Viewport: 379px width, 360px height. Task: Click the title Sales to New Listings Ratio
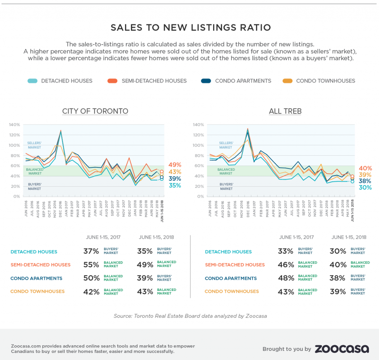click(191, 28)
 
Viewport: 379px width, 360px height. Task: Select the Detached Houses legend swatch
click(32, 81)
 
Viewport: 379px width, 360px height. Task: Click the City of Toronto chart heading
click(95, 112)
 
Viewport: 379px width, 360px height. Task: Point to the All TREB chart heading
click(285, 112)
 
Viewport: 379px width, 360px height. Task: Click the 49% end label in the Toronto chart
click(175, 165)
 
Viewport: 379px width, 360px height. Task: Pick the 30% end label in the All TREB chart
click(365, 188)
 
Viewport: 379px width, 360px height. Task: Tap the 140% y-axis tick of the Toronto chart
click(14, 125)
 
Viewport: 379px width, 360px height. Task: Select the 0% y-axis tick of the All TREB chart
click(200, 197)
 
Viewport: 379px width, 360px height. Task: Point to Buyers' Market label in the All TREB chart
click(226, 187)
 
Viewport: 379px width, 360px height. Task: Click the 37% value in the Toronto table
click(91, 251)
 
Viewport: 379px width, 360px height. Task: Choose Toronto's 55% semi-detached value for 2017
click(91, 265)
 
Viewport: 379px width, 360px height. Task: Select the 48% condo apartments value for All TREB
click(285, 278)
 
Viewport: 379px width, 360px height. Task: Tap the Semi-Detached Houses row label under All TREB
click(235, 265)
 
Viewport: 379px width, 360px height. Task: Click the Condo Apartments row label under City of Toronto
click(36, 278)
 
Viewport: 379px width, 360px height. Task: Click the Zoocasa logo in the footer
click(341, 349)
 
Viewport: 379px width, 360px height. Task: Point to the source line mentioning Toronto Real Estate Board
click(190, 316)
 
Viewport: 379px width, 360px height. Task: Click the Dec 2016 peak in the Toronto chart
click(61, 131)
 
